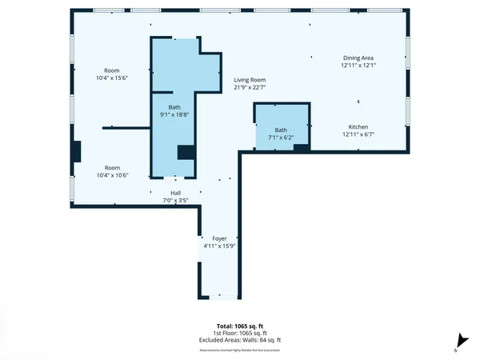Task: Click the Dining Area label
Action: point(358,58)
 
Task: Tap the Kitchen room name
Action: point(358,127)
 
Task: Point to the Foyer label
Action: point(219,238)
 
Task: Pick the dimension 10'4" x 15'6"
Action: point(111,78)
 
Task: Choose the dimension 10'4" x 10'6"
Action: point(111,175)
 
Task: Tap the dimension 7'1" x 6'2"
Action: point(281,138)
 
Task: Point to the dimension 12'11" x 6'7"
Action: point(358,134)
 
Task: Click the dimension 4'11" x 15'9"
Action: point(219,246)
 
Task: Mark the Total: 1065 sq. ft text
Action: point(239,326)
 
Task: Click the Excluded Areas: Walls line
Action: point(239,340)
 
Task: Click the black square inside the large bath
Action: point(186,152)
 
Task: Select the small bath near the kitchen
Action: point(281,125)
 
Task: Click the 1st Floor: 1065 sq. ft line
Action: point(239,334)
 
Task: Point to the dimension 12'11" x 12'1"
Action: point(358,66)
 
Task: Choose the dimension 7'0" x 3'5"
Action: point(175,200)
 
